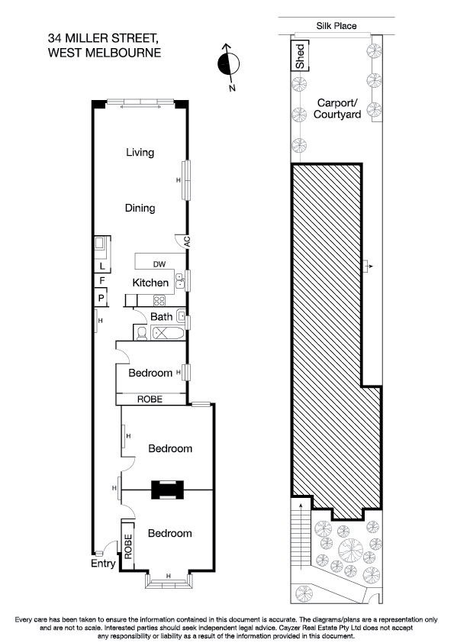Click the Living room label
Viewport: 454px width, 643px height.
[x=140, y=152]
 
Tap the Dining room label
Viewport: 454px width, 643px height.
[x=140, y=208]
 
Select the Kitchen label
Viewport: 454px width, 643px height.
[x=150, y=283]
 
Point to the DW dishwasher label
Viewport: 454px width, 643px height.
[x=159, y=265]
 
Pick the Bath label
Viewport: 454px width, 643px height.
[x=161, y=316]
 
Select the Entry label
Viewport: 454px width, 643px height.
[x=103, y=564]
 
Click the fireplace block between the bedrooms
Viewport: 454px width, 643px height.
[x=166, y=489]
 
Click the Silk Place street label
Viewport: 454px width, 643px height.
[x=336, y=26]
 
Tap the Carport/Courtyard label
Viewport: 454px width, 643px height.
[x=336, y=108]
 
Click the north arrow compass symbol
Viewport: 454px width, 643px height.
[x=227, y=64]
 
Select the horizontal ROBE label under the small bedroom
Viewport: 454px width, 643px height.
[x=150, y=399]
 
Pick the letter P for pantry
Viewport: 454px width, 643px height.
[x=101, y=297]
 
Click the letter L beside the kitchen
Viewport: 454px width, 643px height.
[x=101, y=267]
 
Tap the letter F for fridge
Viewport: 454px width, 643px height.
[x=101, y=282]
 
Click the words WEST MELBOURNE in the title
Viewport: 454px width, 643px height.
[x=104, y=53]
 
